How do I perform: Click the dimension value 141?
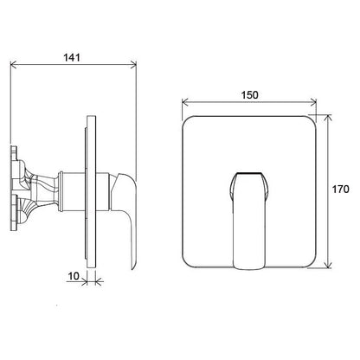click(72, 58)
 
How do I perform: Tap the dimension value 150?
click(250, 95)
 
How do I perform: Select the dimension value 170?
click(340, 190)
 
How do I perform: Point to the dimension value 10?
click(74, 276)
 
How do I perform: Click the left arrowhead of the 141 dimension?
click(14, 65)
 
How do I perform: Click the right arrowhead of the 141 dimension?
click(133, 65)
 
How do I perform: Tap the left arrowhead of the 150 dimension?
click(185, 102)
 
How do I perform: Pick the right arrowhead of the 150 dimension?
click(313, 102)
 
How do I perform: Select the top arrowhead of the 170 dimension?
click(328, 119)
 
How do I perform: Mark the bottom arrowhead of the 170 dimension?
click(328, 265)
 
